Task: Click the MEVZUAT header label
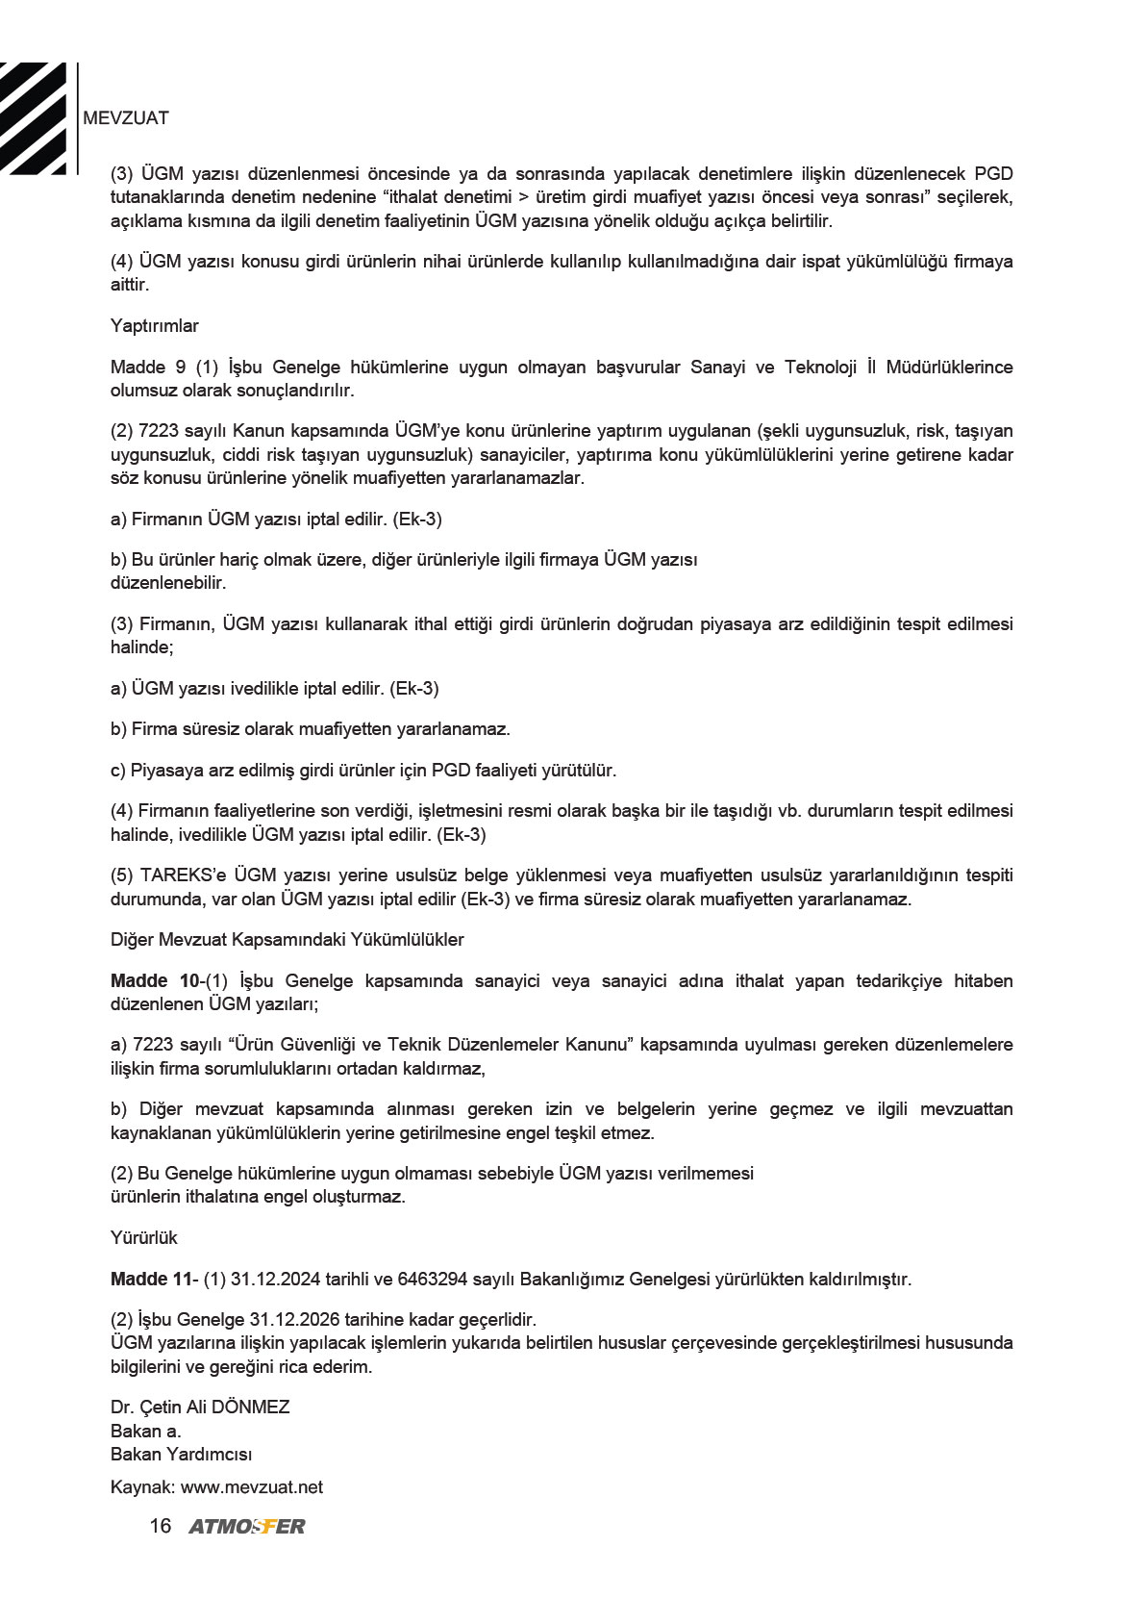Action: pos(126,118)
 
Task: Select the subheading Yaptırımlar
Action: pos(154,326)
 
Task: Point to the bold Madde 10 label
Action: pos(154,981)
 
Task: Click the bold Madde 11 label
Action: pos(152,1280)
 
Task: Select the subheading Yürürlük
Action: pos(144,1238)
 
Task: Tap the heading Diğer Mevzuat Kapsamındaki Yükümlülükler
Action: pos(287,940)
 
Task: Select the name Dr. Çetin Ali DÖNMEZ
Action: pos(200,1408)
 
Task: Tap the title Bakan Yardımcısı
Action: pos(181,1455)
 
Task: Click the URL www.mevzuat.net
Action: pos(252,1487)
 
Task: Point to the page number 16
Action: pos(161,1527)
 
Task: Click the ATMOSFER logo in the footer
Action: pos(247,1527)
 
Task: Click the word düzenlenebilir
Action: pos(168,583)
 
